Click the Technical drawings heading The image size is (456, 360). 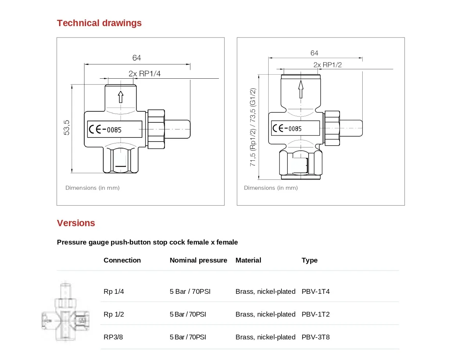(99, 23)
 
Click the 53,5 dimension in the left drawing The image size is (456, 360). (67, 128)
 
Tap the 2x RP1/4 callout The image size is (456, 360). (144, 74)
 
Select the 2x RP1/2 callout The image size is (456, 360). (327, 65)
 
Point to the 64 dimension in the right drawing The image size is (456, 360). (314, 53)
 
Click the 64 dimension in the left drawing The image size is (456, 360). (137, 58)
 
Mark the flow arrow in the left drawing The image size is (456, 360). (121, 97)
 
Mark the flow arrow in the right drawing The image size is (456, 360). (301, 89)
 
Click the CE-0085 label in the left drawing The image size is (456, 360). (114, 129)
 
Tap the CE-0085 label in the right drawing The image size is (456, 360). (295, 128)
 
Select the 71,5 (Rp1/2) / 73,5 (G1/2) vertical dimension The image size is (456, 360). (253, 127)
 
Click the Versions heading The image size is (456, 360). (76, 223)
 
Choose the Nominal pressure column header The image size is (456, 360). (198, 260)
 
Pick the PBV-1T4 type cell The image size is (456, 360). (316, 292)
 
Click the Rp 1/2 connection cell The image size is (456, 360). (114, 314)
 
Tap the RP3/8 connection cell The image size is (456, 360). (113, 337)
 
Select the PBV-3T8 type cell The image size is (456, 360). (316, 337)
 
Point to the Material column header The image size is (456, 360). (248, 260)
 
